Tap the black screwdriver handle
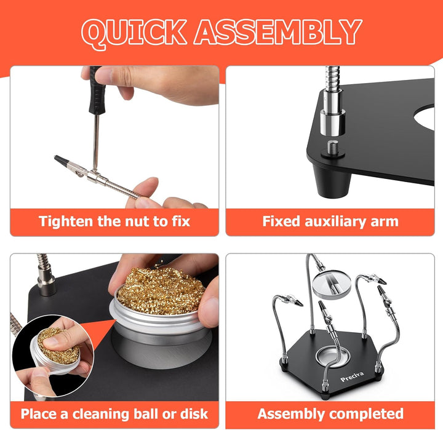97,90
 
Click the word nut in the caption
138,221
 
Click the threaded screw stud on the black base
332,148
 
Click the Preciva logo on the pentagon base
352,376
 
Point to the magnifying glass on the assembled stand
332,284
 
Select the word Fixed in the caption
281,221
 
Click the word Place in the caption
38,414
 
